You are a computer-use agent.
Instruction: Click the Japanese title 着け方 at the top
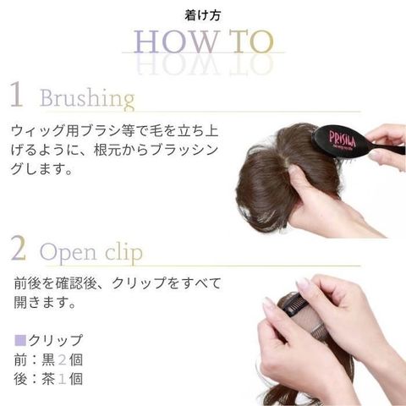coord(202,15)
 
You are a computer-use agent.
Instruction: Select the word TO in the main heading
coord(251,41)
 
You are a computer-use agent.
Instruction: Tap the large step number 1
coord(17,94)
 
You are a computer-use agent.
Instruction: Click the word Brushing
coord(87,99)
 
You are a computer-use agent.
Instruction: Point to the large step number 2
coord(19,248)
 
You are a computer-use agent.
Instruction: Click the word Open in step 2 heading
coord(69,253)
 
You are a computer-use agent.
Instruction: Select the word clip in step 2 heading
coord(123,251)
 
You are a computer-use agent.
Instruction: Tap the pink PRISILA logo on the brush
coord(343,139)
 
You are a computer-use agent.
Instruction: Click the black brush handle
coord(392,149)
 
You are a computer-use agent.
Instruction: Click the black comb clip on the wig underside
coord(294,303)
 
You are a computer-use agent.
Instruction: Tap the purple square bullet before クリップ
coord(20,340)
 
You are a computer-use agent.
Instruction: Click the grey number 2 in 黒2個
coord(62,359)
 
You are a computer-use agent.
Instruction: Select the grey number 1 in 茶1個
coord(62,379)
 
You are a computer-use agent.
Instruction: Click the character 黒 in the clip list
coord(48,359)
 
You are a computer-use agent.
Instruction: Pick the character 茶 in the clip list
coord(48,379)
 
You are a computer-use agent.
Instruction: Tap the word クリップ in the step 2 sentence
coord(139,283)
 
